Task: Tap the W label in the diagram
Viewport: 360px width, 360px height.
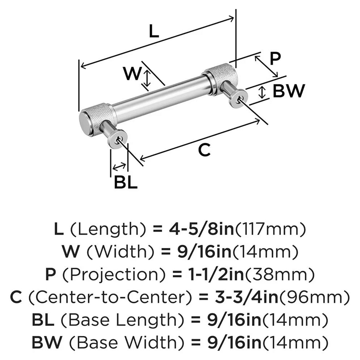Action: (132, 74)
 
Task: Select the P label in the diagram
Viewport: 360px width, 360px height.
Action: (275, 58)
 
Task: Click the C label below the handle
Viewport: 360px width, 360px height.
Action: (204, 150)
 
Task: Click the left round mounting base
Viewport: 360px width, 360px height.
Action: (118, 139)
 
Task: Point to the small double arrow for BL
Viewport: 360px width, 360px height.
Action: (119, 167)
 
